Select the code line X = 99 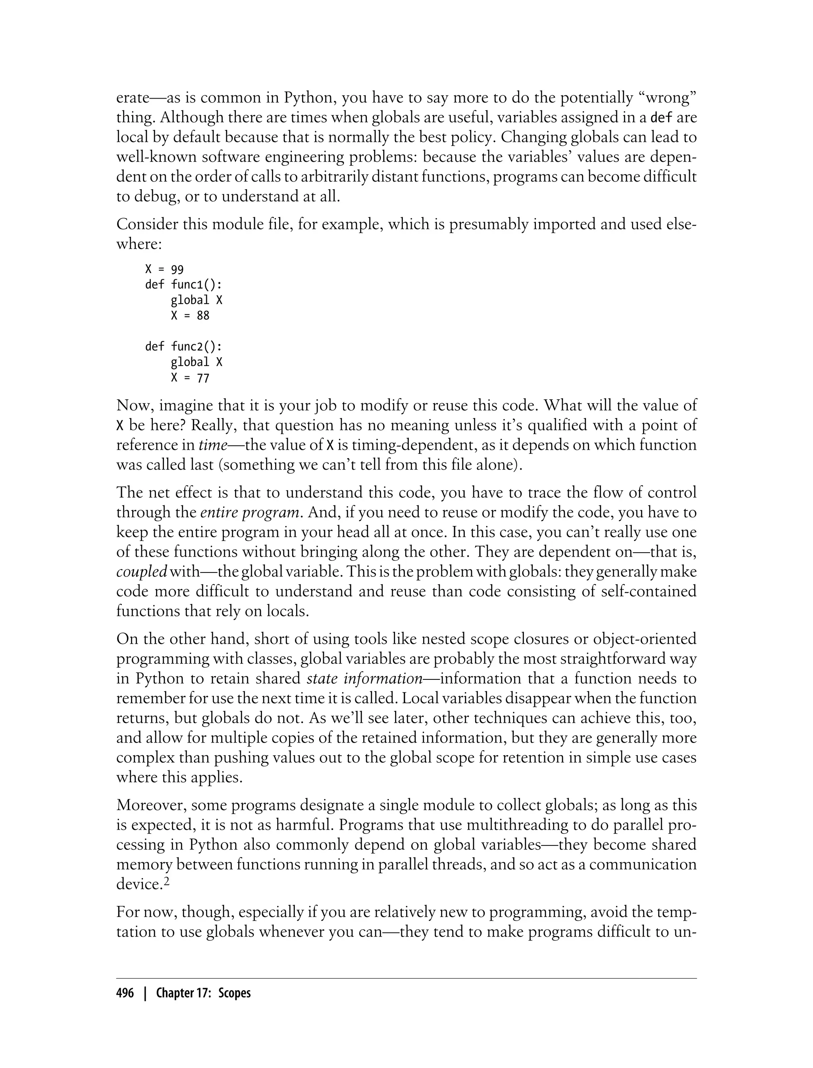point(164,269)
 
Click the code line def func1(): point(183,284)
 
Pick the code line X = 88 point(190,315)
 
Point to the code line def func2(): point(183,346)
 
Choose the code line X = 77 point(190,377)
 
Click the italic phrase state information point(365,679)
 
